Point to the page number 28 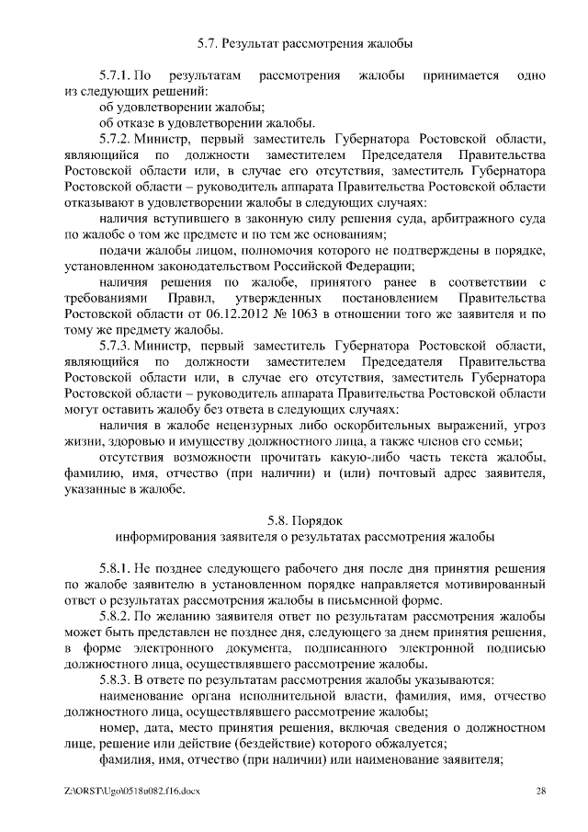click(541, 791)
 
